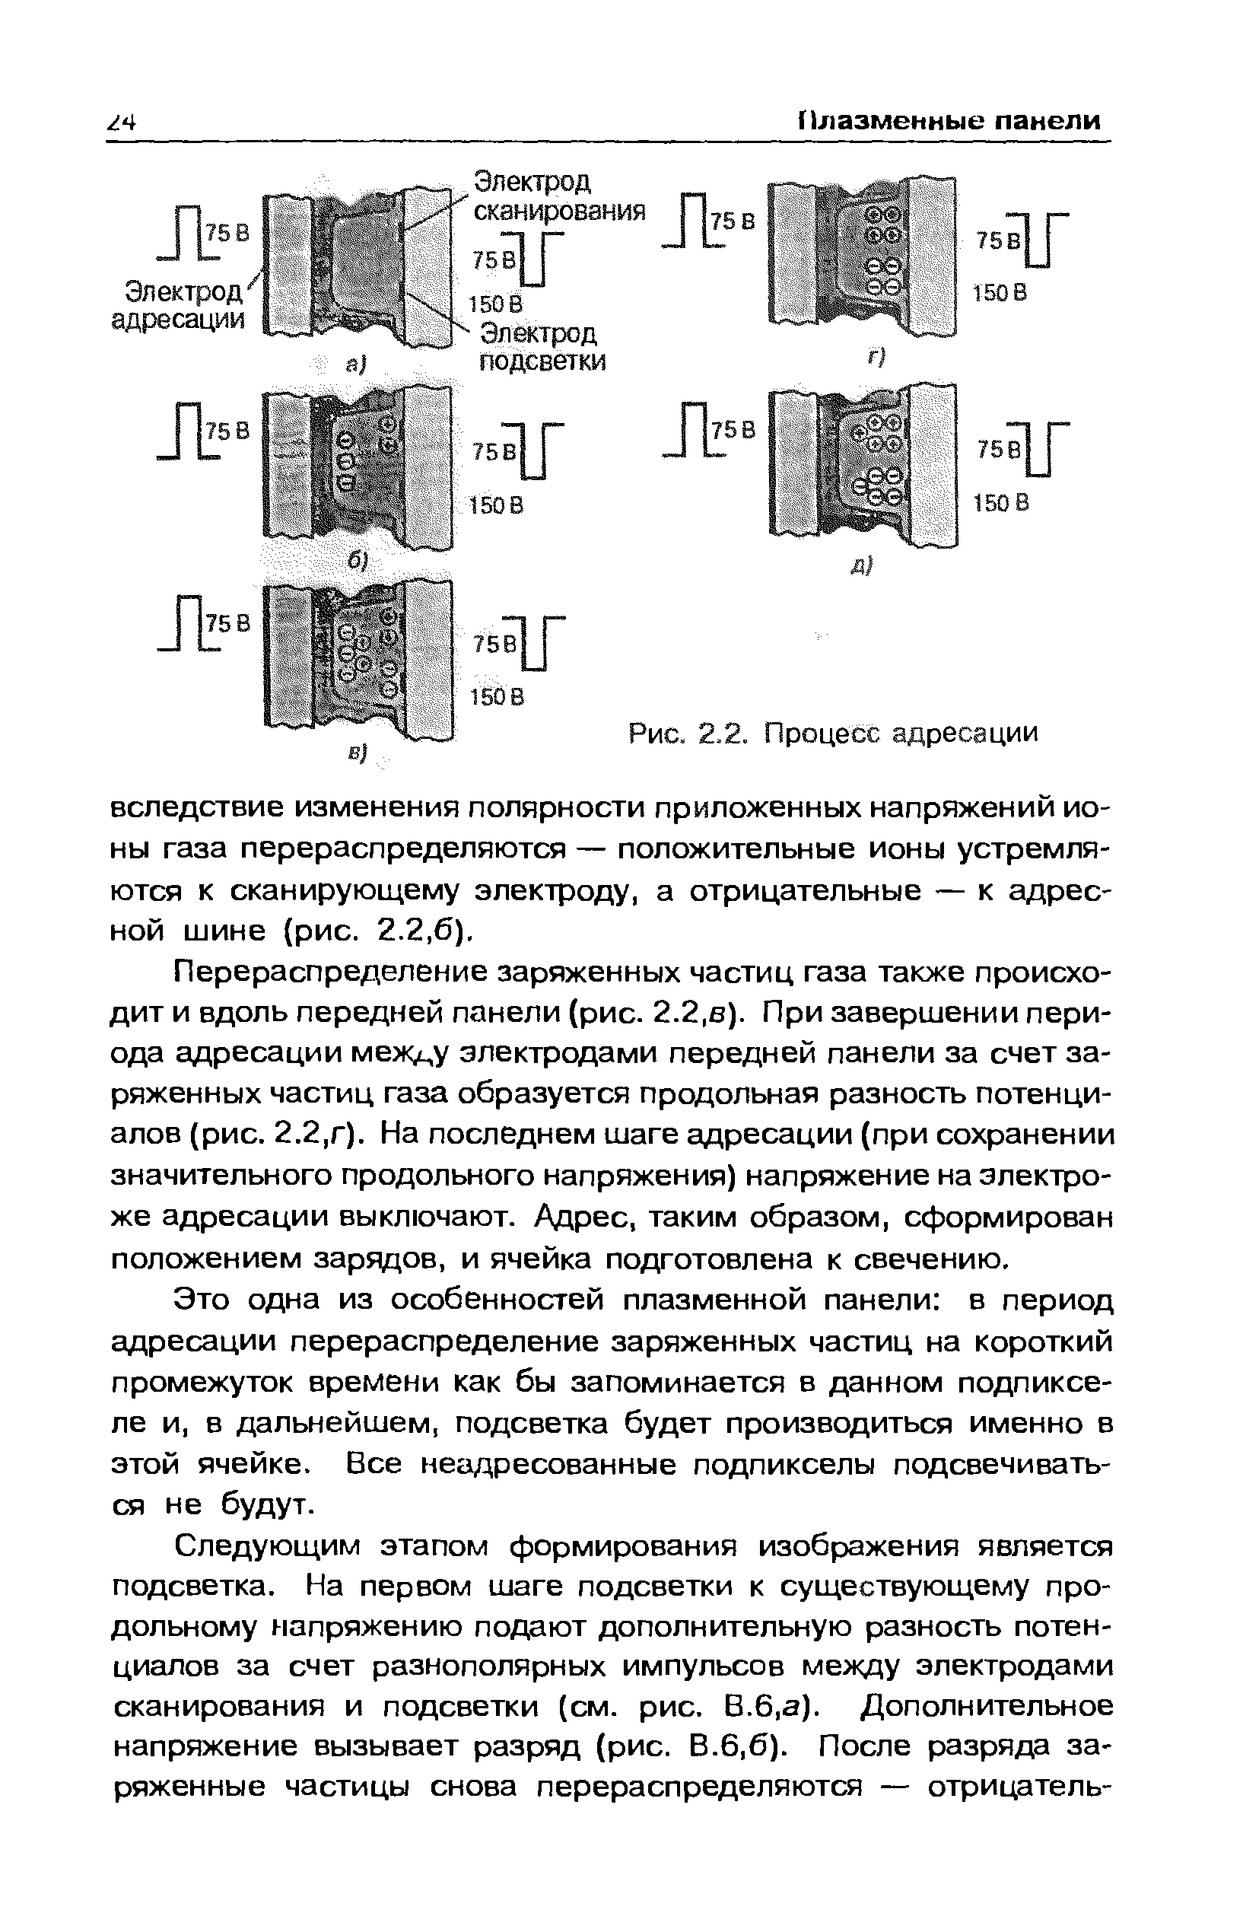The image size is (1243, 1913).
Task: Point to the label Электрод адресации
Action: (x=178, y=304)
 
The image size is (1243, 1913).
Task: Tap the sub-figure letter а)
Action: (x=355, y=365)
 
